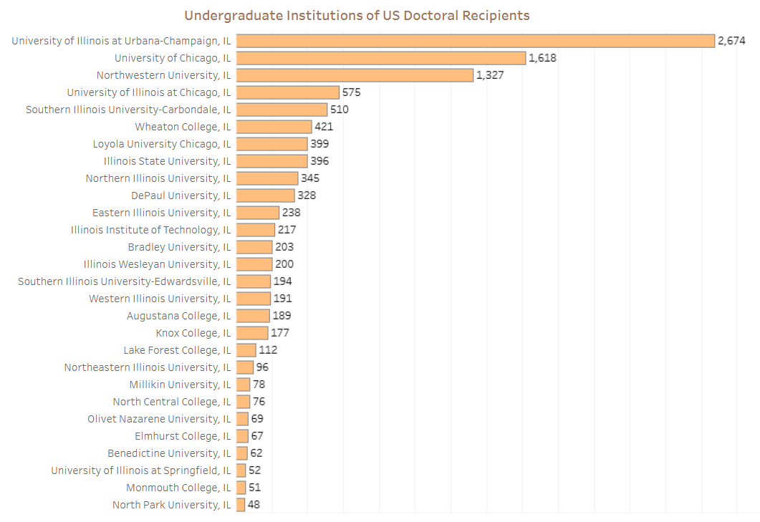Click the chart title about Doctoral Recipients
pyautogui.click(x=357, y=15)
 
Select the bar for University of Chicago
pyautogui.click(x=381, y=58)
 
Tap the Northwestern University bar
pyautogui.click(x=355, y=75)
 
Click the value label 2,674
pyautogui.click(x=731, y=41)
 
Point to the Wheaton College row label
pyautogui.click(x=183, y=127)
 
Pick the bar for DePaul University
pyautogui.click(x=265, y=195)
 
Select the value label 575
pyautogui.click(x=351, y=92)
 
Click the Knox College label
pyautogui.click(x=193, y=333)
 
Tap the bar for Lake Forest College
pyautogui.click(x=246, y=350)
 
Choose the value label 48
pyautogui.click(x=254, y=505)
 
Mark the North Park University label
pyautogui.click(x=172, y=505)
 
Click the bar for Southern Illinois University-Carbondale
pyautogui.click(x=282, y=110)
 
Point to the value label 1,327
pyautogui.click(x=490, y=75)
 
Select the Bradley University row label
pyautogui.click(x=180, y=247)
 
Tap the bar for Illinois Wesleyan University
pyautogui.click(x=254, y=264)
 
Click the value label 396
pyautogui.click(x=319, y=161)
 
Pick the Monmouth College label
pyautogui.click(x=179, y=488)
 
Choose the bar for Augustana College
pyautogui.click(x=253, y=316)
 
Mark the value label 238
pyautogui.click(x=291, y=213)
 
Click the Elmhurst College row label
pyautogui.click(x=183, y=436)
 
